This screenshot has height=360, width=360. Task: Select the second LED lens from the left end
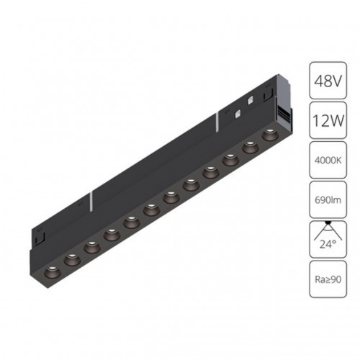(71, 259)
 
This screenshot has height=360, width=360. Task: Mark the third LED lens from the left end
(91, 246)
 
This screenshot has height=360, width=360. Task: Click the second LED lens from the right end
(251, 146)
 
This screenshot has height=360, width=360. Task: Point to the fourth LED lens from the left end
(112, 233)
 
